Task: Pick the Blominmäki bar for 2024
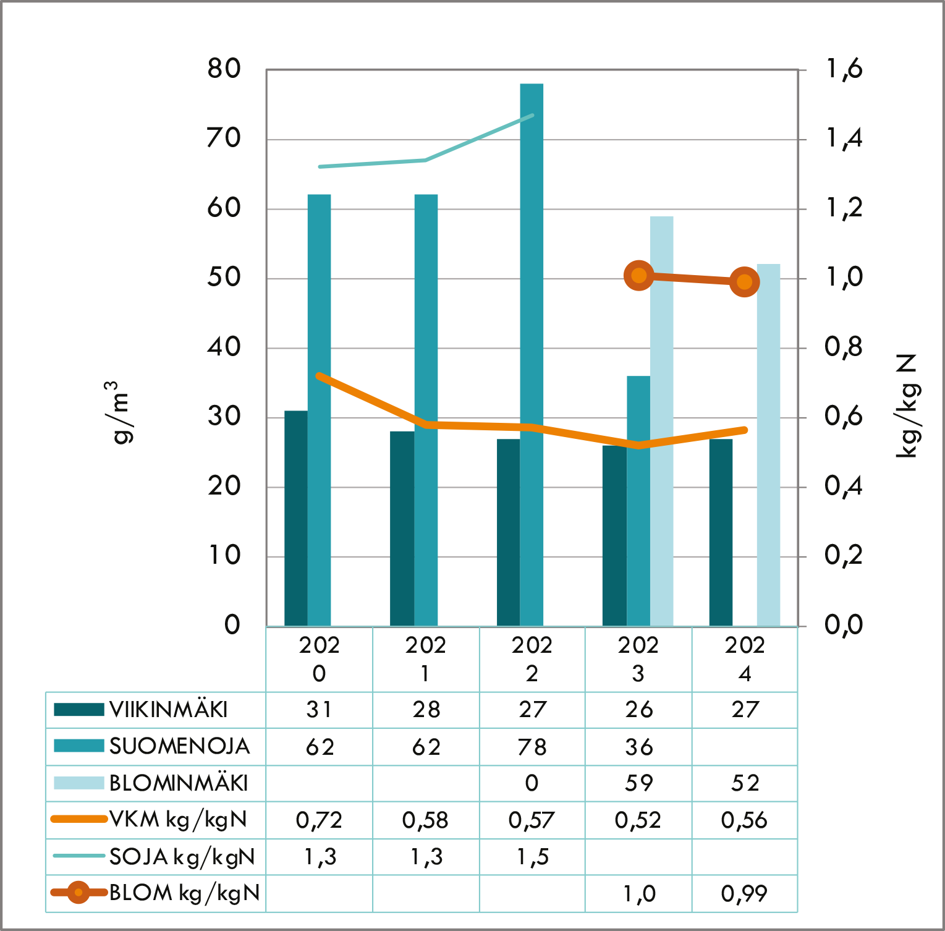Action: [x=768, y=445]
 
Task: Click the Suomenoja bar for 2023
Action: [x=638, y=501]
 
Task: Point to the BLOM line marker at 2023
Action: [x=639, y=275]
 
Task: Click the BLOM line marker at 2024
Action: [x=745, y=282]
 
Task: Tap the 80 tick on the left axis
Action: [x=224, y=69]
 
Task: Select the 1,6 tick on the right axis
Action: [x=844, y=69]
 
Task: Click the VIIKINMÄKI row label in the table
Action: [x=168, y=710]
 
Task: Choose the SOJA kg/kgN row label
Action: [x=182, y=857]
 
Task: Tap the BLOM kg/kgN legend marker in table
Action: [x=78, y=893]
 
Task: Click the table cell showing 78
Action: [x=532, y=747]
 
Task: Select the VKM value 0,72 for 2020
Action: [x=319, y=820]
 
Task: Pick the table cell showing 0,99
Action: [x=744, y=893]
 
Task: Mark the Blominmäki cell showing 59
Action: [x=638, y=783]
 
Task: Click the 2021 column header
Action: [x=425, y=659]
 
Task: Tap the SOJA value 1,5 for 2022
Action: [x=532, y=857]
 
